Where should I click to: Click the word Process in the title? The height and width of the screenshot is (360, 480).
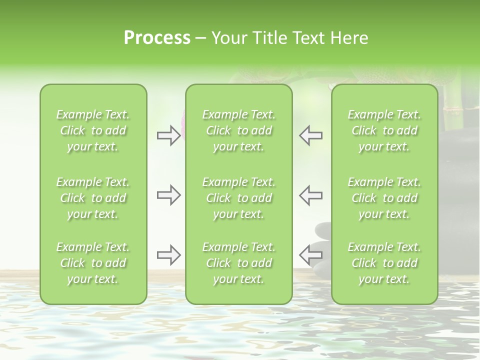point(157,38)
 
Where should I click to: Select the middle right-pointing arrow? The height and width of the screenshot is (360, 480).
point(168,195)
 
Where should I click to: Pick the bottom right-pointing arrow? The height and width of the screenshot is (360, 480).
point(168,255)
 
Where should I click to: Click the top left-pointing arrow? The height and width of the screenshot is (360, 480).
point(311,135)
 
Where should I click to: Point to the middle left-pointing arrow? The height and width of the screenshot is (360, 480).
point(311,195)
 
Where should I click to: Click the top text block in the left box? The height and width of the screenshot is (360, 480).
point(93,130)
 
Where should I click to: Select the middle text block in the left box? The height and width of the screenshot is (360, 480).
point(93,198)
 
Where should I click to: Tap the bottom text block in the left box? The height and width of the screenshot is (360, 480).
point(93,263)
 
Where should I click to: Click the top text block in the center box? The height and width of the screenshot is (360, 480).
point(239,130)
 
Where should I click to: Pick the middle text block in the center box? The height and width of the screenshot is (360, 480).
point(239,198)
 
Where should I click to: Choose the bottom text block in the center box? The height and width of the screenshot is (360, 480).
point(239,263)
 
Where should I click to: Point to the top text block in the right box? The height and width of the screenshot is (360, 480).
point(384,130)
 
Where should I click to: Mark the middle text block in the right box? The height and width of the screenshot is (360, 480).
point(384,198)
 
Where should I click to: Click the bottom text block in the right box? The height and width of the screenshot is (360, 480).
point(384,263)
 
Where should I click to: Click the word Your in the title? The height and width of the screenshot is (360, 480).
point(228,38)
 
